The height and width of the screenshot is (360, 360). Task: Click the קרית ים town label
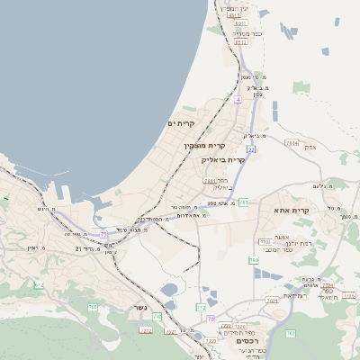(181, 122)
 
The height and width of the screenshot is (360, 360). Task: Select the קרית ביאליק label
(223, 159)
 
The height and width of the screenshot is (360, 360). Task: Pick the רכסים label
(246, 341)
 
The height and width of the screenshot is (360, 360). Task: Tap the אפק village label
(310, 145)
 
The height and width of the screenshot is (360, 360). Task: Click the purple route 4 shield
(238, 100)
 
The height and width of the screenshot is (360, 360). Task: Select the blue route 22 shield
(251, 148)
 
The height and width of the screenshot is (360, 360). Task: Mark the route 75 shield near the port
(103, 234)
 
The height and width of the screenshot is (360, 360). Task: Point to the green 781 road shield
(244, 202)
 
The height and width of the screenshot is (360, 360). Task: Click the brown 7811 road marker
(209, 181)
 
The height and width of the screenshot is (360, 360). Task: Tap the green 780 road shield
(254, 259)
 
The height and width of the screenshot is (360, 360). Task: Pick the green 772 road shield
(201, 308)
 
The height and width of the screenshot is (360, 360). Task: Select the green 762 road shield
(157, 317)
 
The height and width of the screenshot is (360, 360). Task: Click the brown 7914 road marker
(291, 142)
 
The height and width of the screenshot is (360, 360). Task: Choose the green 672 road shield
(39, 284)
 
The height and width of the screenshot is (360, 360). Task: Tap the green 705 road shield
(93, 308)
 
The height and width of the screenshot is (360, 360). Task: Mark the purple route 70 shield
(210, 319)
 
